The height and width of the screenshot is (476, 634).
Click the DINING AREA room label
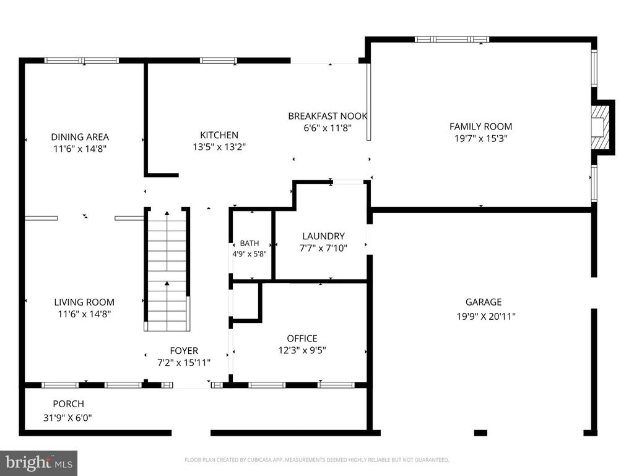pyautogui.click(x=80, y=137)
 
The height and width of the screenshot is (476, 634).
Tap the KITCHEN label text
pyautogui.click(x=219, y=134)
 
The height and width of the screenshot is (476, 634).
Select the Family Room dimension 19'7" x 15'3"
pyautogui.click(x=480, y=138)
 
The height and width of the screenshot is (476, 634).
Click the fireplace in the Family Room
pyautogui.click(x=599, y=128)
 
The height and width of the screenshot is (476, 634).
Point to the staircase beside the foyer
pyautogui.click(x=167, y=270)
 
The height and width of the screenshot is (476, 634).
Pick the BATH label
pyautogui.click(x=250, y=243)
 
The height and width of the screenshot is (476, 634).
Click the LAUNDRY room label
pyautogui.click(x=323, y=236)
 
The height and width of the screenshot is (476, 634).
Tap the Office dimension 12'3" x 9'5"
pyautogui.click(x=302, y=350)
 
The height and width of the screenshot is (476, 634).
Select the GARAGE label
pyautogui.click(x=483, y=302)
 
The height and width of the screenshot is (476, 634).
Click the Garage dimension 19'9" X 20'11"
pyautogui.click(x=486, y=317)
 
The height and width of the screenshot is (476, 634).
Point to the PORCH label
pyautogui.click(x=68, y=404)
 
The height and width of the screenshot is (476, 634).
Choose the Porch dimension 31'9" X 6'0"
pyautogui.click(x=67, y=418)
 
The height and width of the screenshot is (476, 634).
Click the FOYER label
pyautogui.click(x=184, y=351)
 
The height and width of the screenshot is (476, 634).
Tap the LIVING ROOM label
pyautogui.click(x=84, y=302)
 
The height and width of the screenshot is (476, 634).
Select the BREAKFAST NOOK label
pyautogui.click(x=328, y=116)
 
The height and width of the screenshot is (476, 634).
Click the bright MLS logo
pyautogui.click(x=39, y=462)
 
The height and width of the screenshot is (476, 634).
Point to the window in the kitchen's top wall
pyautogui.click(x=219, y=61)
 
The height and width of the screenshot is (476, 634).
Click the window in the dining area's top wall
pyautogui.click(x=82, y=61)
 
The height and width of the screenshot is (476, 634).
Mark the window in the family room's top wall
pyautogui.click(x=451, y=39)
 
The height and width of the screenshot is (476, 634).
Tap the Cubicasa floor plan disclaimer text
pyautogui.click(x=316, y=460)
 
